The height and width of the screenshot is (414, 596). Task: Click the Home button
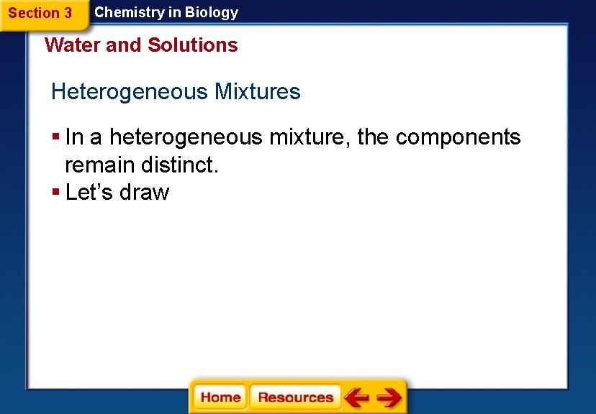point(220,397)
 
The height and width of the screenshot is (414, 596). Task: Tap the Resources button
point(295,397)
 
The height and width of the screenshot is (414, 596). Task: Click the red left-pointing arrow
point(357,397)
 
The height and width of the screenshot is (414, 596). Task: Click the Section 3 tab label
point(40,13)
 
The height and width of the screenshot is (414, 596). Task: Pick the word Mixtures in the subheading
point(258,92)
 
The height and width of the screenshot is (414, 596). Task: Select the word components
point(458,137)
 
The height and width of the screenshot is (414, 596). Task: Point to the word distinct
point(179,165)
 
